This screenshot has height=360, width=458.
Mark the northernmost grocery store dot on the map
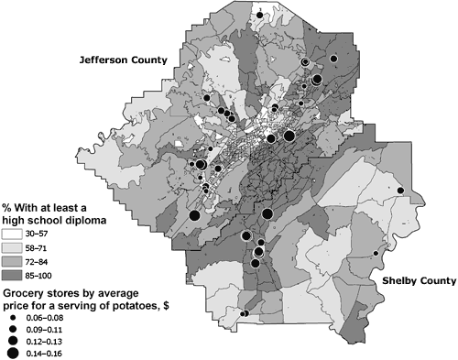click(260, 15)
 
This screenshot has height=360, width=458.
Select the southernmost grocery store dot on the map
click(244, 314)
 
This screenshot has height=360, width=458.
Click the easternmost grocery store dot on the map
click(400, 190)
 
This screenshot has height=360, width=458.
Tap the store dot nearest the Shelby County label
click(376, 254)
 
